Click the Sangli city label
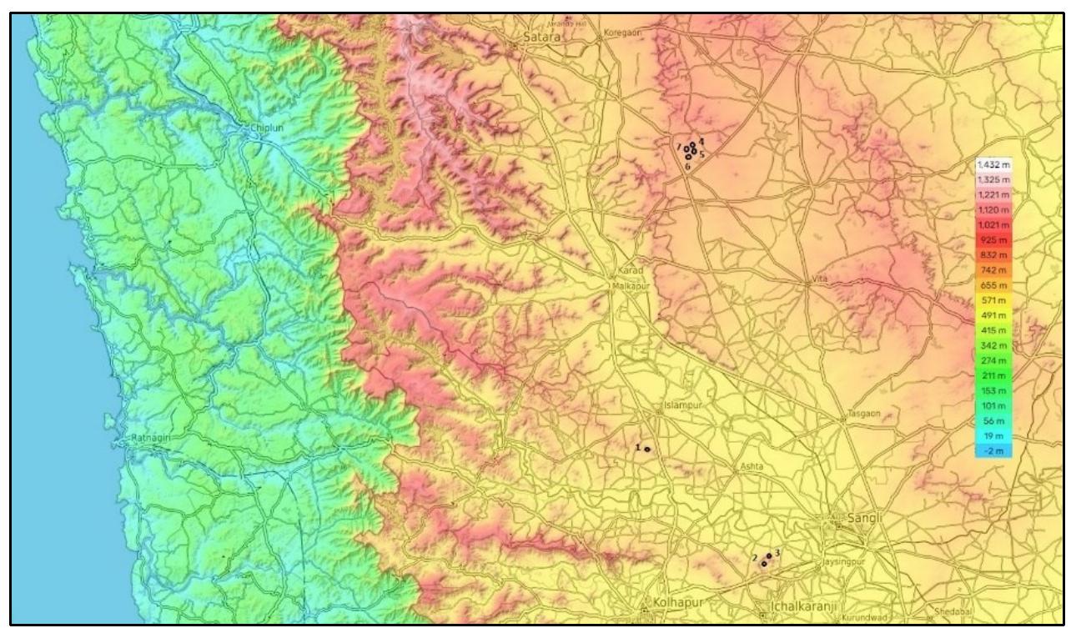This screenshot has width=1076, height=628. tap(864, 518)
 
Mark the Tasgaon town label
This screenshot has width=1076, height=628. tap(863, 414)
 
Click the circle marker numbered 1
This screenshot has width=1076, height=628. tap(647, 450)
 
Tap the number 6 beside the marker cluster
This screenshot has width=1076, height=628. tap(687, 167)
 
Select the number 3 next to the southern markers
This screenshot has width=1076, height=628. tap(777, 552)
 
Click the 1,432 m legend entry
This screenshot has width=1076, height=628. tap(993, 165)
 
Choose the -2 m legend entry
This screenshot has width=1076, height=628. tap(993, 451)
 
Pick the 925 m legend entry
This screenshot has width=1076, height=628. tap(993, 240)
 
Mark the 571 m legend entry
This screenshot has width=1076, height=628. tap(993, 300)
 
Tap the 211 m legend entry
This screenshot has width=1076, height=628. tap(993, 376)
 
